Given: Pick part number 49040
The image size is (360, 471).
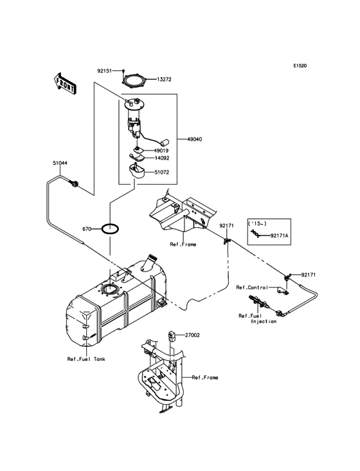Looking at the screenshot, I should [x=197, y=138].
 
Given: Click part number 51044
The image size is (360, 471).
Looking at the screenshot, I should [x=60, y=163].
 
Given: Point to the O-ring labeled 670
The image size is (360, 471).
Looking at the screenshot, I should [x=111, y=228].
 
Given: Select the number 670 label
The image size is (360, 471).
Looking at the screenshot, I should [x=87, y=228].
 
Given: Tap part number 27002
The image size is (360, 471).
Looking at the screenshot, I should [x=194, y=335].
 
